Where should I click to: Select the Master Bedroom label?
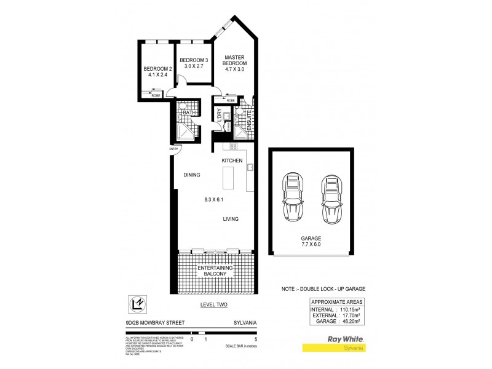coord(234,60)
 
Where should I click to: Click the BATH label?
coord(189,113)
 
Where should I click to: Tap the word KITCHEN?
coord(232,161)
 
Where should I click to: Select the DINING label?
coord(192,175)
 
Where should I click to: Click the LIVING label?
coord(230,219)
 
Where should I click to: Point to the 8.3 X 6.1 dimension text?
coord(215,199)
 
